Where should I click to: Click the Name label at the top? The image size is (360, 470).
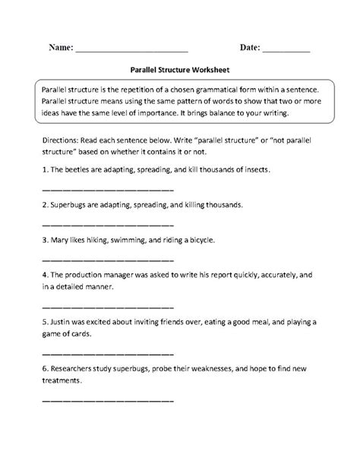point(60,47)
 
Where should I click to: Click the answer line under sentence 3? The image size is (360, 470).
point(107,259)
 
